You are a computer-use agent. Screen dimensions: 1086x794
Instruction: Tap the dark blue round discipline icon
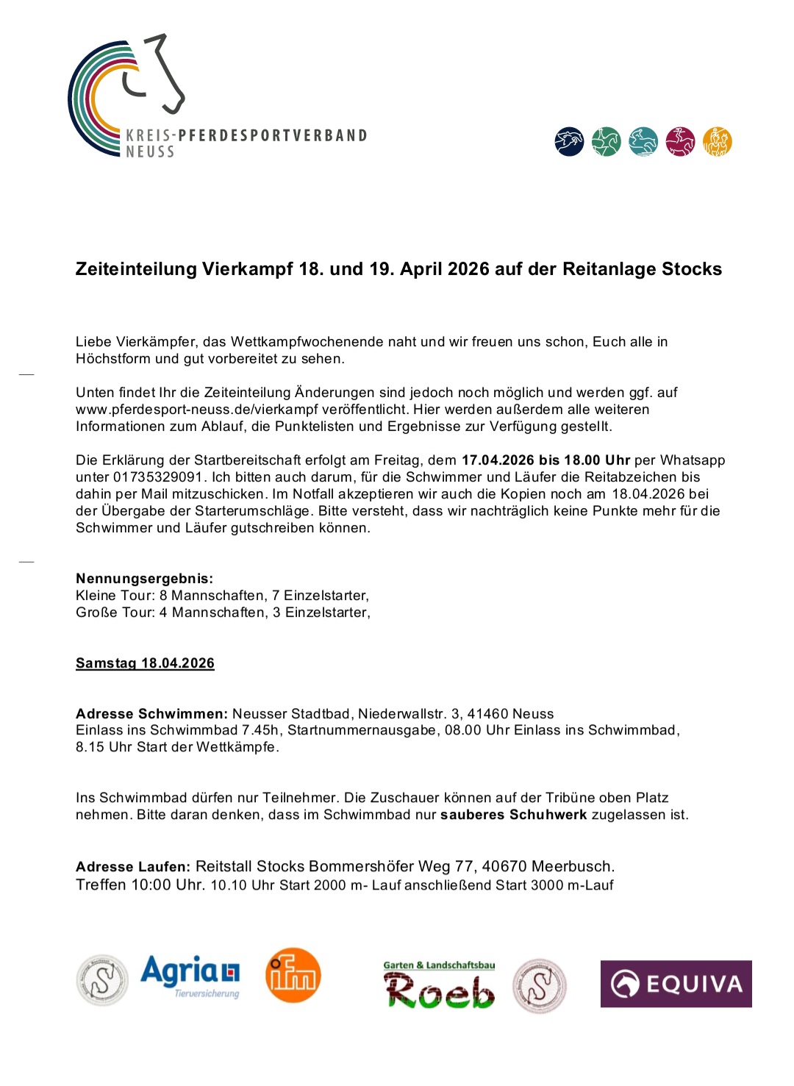click(569, 141)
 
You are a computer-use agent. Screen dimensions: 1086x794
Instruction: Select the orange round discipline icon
click(717, 141)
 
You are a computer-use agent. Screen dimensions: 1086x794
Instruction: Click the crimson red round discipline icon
click(680, 141)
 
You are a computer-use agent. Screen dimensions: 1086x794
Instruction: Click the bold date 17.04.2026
click(498, 460)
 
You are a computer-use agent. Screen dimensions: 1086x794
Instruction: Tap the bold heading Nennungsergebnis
click(144, 579)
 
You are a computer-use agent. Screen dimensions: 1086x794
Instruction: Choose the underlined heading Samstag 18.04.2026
click(145, 663)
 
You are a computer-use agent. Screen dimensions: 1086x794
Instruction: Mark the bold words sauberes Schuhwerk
click(513, 815)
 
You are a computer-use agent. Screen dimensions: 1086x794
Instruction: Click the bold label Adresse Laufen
click(133, 867)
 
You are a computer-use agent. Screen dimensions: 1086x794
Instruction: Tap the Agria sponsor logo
click(190, 976)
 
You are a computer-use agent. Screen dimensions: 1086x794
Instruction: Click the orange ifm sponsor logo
click(293, 976)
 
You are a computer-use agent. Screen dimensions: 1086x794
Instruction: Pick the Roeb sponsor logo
click(439, 986)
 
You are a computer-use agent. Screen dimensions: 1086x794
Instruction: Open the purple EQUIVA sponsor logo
click(676, 984)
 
